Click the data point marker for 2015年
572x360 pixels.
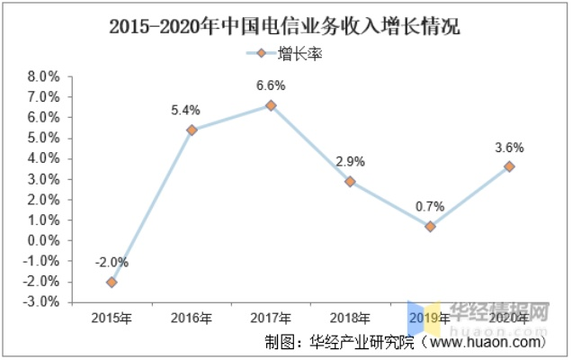pos(112,282)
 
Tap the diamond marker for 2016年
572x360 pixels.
pos(192,130)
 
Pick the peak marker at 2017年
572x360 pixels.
pos(270,105)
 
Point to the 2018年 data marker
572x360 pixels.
pos(350,181)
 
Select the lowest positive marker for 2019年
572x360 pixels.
pos(430,227)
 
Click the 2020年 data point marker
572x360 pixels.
pos(510,166)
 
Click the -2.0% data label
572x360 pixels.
pos(112,263)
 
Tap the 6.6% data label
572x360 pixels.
pos(270,86)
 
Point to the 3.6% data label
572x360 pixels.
pos(510,148)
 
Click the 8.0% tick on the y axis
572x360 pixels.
pos(46,76)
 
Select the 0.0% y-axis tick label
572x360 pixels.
pos(46,240)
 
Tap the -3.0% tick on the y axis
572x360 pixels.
pos(44,302)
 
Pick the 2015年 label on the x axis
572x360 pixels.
pos(112,318)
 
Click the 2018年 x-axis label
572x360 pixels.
pos(350,318)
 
